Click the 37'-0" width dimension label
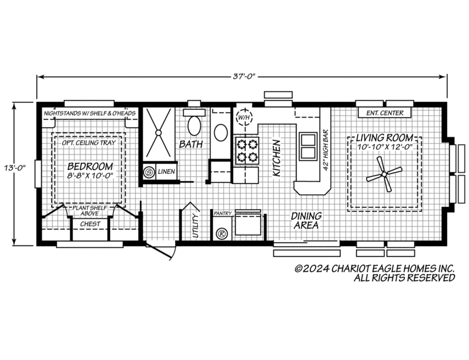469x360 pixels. click(x=244, y=76)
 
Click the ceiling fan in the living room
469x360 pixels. click(x=384, y=174)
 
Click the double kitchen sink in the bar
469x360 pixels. click(x=308, y=146)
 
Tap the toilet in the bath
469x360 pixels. click(x=194, y=123)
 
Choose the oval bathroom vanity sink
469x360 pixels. click(x=221, y=133)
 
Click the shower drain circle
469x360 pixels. click(x=159, y=132)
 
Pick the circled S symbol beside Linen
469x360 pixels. click(x=149, y=172)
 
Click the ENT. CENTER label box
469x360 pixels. click(x=385, y=112)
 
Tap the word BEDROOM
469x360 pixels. click(x=90, y=166)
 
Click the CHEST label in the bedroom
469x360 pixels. click(x=90, y=224)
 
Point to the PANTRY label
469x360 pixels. click(x=223, y=213)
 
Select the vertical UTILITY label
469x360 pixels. click(x=196, y=226)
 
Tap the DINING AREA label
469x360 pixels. click(x=306, y=220)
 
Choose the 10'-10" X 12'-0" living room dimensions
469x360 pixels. click(x=385, y=147)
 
